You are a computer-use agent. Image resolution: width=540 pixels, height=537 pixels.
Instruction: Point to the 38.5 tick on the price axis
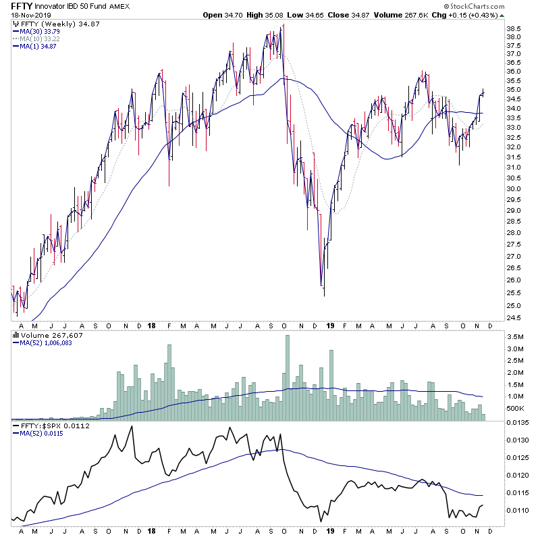pos(514,29)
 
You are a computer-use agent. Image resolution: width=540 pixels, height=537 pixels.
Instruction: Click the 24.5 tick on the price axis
pos(514,317)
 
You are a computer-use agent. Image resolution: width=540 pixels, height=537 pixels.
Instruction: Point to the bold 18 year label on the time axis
pos(152,326)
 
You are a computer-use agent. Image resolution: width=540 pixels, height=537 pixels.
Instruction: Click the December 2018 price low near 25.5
pos(324,295)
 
